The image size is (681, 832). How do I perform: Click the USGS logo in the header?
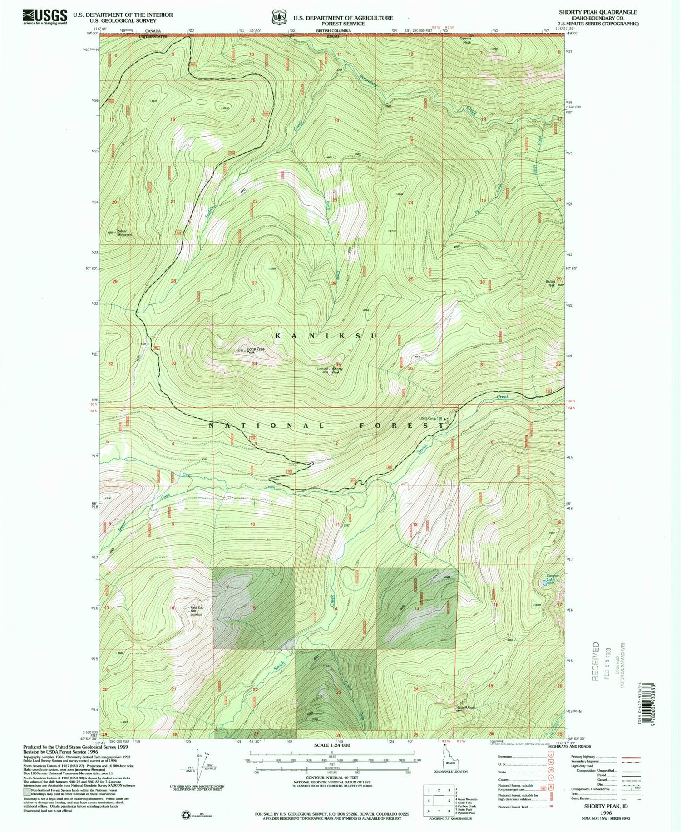(x=45, y=17)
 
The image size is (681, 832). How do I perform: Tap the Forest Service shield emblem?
(x=279, y=18)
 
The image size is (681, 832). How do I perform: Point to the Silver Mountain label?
(x=124, y=233)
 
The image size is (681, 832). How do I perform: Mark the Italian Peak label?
(x=551, y=284)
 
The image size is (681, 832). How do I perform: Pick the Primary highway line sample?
(x=631, y=757)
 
